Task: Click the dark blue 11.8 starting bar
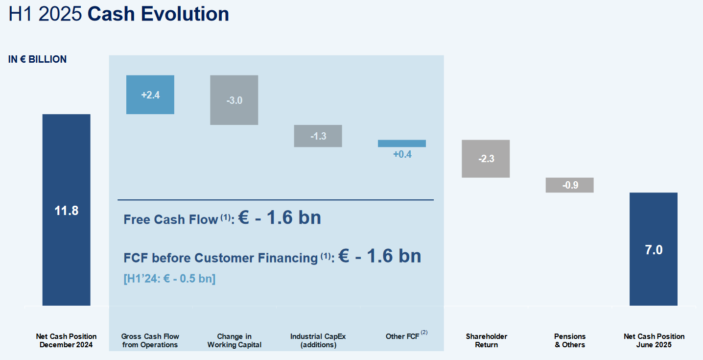[x=66, y=210]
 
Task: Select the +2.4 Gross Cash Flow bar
[x=150, y=95]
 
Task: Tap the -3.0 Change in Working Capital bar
[x=234, y=100]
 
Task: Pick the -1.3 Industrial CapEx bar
[x=318, y=136]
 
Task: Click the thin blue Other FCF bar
[x=402, y=144]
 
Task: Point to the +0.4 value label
[x=402, y=154]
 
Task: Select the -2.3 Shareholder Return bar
[x=486, y=159]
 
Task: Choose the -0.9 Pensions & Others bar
[x=570, y=185]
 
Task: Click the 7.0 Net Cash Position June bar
[x=654, y=249]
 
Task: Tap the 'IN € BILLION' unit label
[x=37, y=59]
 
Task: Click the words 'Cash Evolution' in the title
[x=158, y=14]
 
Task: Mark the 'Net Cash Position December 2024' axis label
[x=66, y=340]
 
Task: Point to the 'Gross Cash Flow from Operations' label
[x=150, y=340]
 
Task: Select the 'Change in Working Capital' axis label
[x=234, y=340]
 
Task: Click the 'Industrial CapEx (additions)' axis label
[x=318, y=340]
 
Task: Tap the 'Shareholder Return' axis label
[x=487, y=340]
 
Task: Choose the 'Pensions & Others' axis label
[x=570, y=340]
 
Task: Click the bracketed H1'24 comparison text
[x=169, y=279]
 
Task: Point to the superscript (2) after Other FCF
[x=424, y=332]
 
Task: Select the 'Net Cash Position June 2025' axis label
[x=654, y=340]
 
